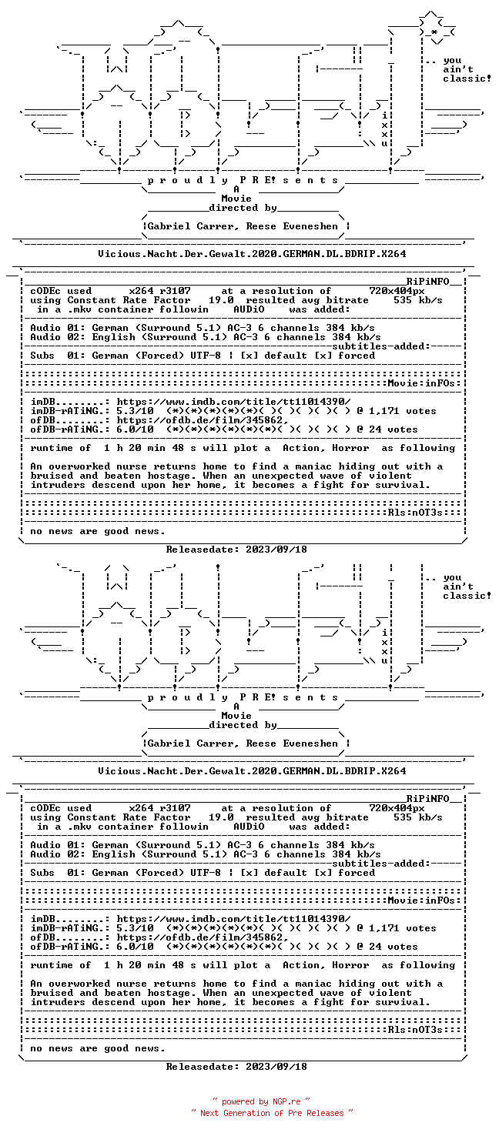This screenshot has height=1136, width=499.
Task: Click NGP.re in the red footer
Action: pos(286,1101)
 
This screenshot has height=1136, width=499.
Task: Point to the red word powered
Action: pos(238,1102)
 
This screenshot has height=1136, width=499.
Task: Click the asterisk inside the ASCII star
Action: pos(434,32)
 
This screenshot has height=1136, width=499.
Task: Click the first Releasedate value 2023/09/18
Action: pos(276,550)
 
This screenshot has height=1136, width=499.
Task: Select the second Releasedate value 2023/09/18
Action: pos(276,1067)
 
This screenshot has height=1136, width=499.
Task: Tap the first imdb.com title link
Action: pos(233,402)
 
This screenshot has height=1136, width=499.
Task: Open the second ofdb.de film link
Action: pos(202,937)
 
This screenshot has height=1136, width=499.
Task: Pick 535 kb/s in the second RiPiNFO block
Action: pos(418,817)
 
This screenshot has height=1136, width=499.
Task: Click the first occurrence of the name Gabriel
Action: pos(169,226)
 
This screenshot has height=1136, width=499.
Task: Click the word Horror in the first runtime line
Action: pos(350,448)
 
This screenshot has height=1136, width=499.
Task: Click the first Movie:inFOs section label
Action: pos(424,383)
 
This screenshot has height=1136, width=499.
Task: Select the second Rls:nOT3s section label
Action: pos(415,1030)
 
